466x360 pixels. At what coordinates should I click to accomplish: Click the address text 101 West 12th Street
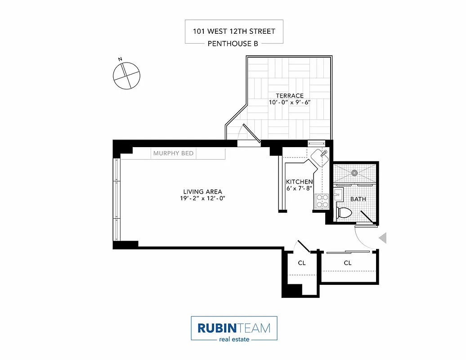pyautogui.click(x=234, y=31)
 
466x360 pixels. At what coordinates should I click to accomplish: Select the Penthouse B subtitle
pyautogui.click(x=234, y=44)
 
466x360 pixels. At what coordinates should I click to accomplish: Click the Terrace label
pyautogui.click(x=290, y=95)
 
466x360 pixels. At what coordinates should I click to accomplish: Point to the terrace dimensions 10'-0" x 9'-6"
pyautogui.click(x=290, y=103)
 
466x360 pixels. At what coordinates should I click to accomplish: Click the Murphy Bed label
pyautogui.click(x=173, y=153)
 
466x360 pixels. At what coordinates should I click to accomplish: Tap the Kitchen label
pyautogui.click(x=300, y=182)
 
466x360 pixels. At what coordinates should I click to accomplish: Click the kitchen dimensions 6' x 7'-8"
pyautogui.click(x=300, y=189)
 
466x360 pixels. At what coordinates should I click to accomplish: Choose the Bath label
pyautogui.click(x=358, y=199)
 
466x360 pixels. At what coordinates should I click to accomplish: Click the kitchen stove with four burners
pyautogui.click(x=322, y=201)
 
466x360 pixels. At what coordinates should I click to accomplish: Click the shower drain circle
pyautogui.click(x=354, y=172)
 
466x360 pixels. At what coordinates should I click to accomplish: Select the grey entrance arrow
pyautogui.click(x=383, y=238)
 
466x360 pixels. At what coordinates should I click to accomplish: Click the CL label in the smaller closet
pyautogui.click(x=301, y=263)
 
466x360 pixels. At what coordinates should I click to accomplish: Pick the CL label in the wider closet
pyautogui.click(x=347, y=263)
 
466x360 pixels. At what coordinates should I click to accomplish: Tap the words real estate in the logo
pyautogui.click(x=234, y=339)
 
